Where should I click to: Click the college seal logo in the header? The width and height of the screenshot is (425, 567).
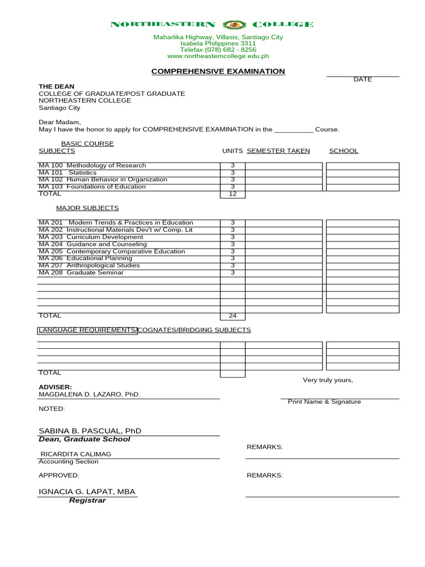click(x=234, y=24)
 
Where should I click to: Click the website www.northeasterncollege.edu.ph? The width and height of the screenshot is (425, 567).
click(x=218, y=56)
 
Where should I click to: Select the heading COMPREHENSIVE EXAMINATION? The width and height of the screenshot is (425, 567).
click(x=218, y=71)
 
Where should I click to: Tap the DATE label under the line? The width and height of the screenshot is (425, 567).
click(x=362, y=80)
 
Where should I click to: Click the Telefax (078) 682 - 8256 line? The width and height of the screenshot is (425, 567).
click(x=218, y=50)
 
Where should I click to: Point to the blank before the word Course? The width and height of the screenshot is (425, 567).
click(x=293, y=130)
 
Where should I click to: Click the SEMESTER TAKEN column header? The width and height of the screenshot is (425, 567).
click(x=278, y=151)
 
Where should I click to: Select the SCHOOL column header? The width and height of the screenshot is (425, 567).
click(x=344, y=151)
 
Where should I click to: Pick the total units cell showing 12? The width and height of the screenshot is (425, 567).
click(x=232, y=194)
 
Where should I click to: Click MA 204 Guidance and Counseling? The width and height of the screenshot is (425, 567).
click(x=92, y=244)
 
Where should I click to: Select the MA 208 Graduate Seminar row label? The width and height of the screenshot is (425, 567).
click(x=81, y=272)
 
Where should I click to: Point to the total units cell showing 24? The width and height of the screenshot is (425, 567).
click(x=232, y=316)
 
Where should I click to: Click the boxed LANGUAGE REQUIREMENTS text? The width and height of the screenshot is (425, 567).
click(x=87, y=330)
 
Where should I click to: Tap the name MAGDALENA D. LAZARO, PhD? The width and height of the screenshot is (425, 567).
click(x=89, y=395)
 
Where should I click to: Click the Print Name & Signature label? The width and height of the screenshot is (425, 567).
click(x=324, y=402)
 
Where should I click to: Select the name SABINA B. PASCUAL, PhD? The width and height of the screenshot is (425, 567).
click(x=90, y=431)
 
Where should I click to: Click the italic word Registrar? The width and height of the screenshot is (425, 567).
click(x=87, y=501)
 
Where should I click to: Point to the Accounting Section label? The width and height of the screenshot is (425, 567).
click(x=68, y=462)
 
